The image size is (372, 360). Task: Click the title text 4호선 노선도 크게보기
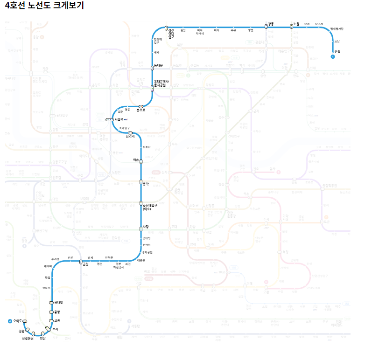point(44,6)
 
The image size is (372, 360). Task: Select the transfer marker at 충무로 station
point(140,106)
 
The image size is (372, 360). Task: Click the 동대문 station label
point(159,65)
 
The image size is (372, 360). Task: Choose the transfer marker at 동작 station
point(141,182)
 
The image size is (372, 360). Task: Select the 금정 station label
point(85,264)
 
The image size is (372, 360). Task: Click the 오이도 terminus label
point(18,321)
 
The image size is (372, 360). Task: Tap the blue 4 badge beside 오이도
point(10,321)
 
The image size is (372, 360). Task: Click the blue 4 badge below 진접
point(333,57)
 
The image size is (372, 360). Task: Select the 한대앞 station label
point(58,303)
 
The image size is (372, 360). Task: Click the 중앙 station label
point(57,312)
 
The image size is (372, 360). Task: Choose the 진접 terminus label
point(337,51)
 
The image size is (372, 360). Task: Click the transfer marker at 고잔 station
point(51,321)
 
